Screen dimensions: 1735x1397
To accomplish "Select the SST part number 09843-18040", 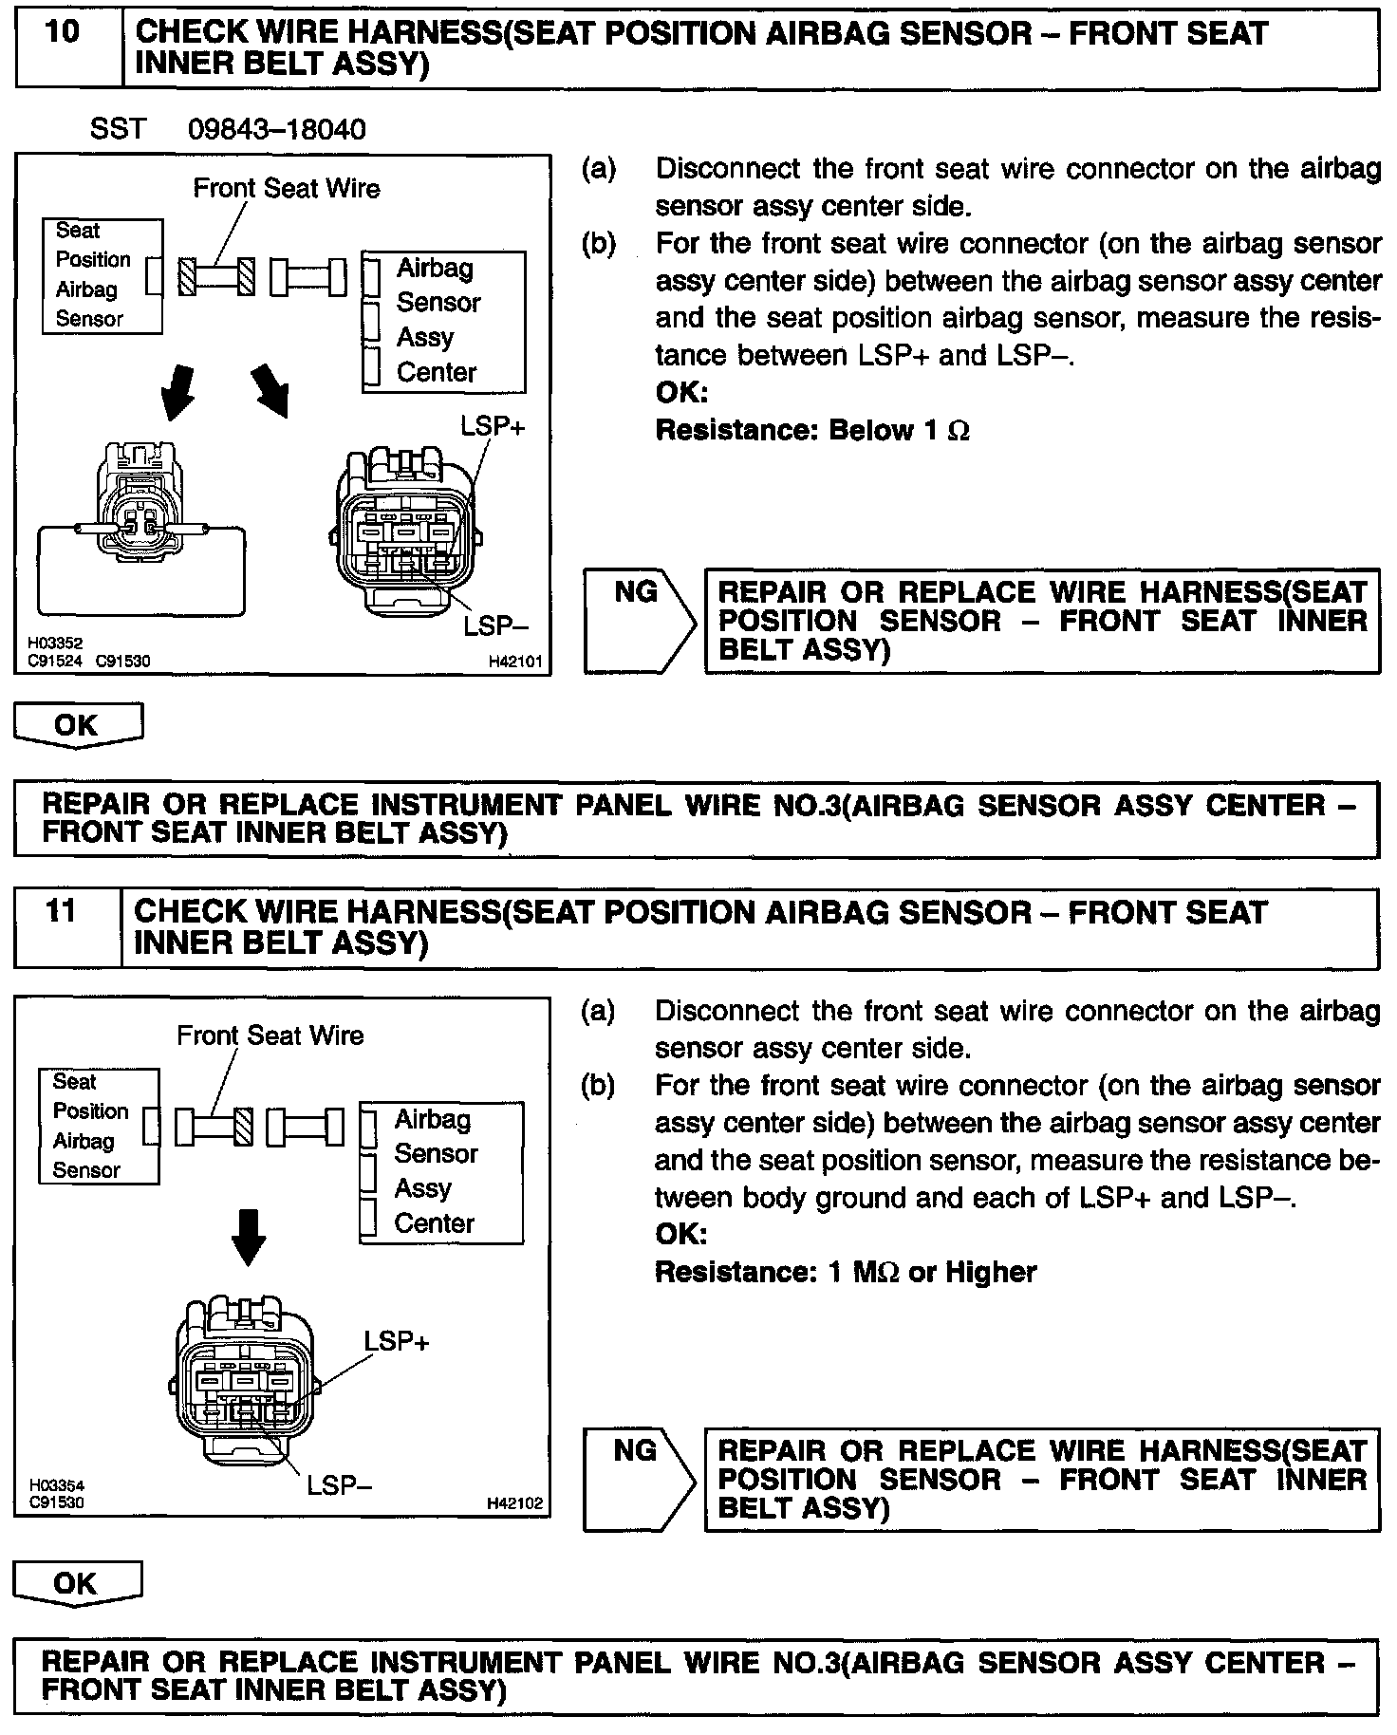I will [x=276, y=130].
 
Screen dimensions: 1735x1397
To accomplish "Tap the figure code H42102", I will [x=513, y=1503].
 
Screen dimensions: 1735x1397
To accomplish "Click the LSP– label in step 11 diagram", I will [x=339, y=1485].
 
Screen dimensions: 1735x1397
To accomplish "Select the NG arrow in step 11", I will [x=640, y=1479].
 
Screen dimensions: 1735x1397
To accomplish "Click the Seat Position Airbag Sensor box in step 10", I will [x=102, y=275].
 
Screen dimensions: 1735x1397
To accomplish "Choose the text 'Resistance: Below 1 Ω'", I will [x=812, y=431].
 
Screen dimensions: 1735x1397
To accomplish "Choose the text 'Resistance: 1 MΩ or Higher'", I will [x=846, y=1272].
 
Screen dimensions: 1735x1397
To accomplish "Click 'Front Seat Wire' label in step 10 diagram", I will [x=286, y=188].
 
